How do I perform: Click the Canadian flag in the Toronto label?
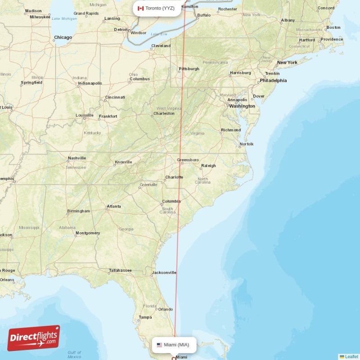140,8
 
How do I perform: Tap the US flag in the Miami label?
159,345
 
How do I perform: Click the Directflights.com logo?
33,337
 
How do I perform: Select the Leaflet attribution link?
351,356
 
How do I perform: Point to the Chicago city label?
63,38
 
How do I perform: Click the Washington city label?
242,106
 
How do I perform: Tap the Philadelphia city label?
273,81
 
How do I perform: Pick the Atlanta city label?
114,207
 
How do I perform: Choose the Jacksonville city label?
164,272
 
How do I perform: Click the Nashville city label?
77,158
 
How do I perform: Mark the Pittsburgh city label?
189,69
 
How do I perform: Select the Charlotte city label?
174,177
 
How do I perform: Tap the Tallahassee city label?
120,270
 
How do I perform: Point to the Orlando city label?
166,309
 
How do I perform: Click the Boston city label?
333,27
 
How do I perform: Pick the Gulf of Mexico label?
74,355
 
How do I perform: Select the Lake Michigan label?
65,18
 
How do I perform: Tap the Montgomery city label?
88,233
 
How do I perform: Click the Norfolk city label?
247,144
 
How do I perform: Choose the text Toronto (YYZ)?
160,8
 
